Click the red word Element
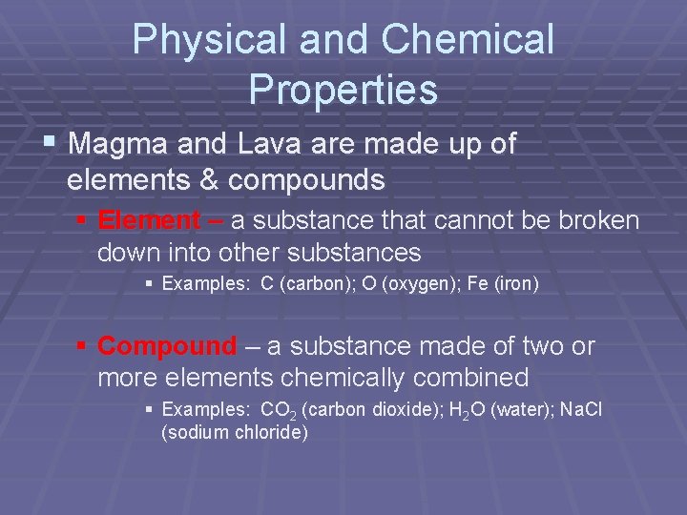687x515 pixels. click(x=149, y=220)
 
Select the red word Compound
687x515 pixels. click(x=166, y=345)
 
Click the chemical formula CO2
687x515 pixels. click(x=278, y=409)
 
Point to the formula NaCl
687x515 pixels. click(x=582, y=409)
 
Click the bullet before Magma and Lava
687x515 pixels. click(x=50, y=143)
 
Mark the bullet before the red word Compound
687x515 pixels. click(x=83, y=345)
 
